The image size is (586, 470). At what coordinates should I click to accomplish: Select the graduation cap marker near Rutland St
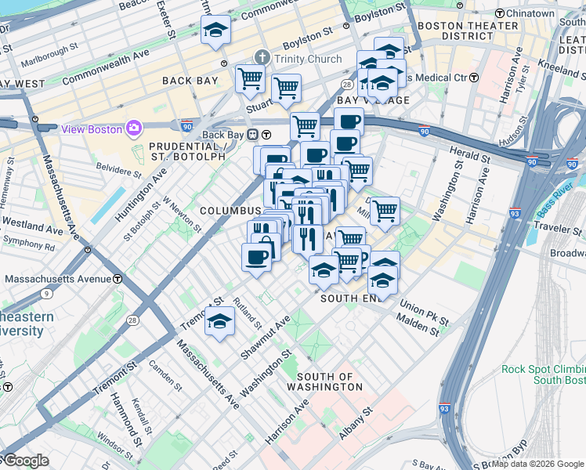(x=219, y=322)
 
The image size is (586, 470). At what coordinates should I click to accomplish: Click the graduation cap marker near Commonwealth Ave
(x=215, y=31)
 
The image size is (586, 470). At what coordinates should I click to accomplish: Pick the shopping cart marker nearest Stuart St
(x=286, y=89)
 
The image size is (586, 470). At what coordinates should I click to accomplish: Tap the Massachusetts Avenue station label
(x=58, y=279)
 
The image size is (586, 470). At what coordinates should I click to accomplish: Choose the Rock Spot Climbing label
(x=544, y=370)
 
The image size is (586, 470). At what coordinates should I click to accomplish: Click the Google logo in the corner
(x=25, y=461)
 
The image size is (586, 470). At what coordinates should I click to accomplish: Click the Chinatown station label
(x=530, y=14)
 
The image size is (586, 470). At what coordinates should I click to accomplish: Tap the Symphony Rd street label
(x=28, y=246)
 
